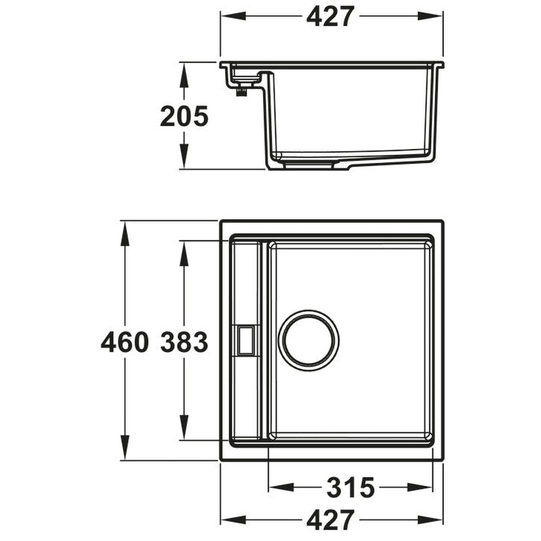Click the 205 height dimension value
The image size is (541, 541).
point(184,117)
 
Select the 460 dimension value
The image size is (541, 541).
point(124,343)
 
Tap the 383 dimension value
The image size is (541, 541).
point(184,343)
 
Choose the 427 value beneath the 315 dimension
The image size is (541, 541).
point(330,520)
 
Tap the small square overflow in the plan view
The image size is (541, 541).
point(246,340)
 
